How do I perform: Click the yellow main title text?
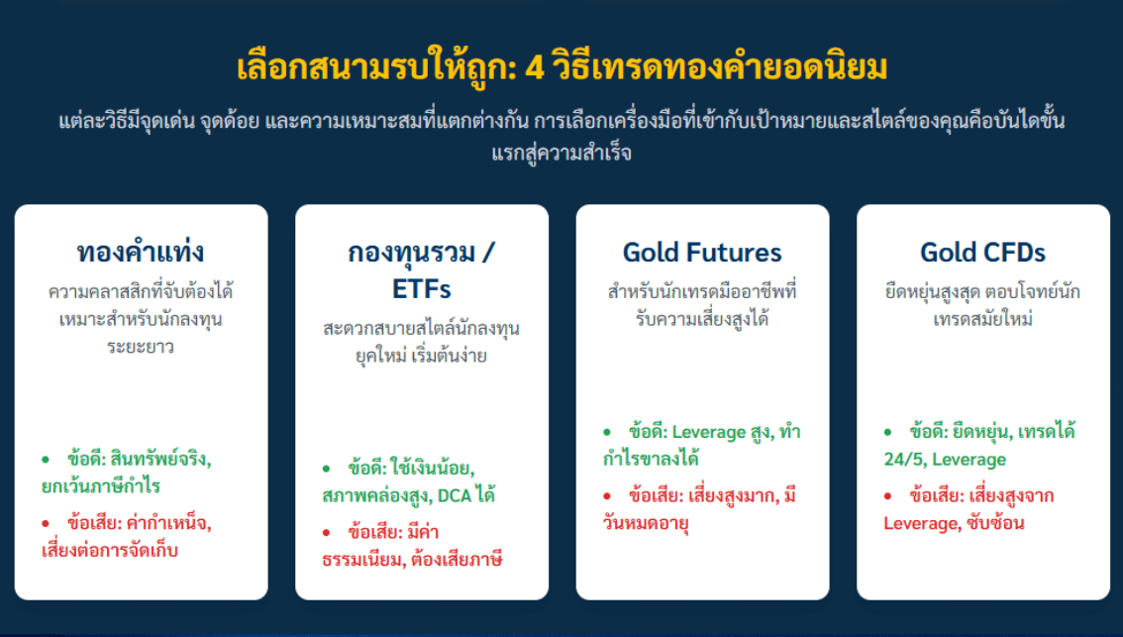click(561, 67)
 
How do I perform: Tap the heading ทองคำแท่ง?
click(141, 252)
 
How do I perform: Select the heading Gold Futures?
click(702, 253)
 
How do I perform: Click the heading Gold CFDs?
click(982, 253)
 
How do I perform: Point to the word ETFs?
click(421, 288)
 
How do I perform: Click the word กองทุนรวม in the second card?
click(412, 253)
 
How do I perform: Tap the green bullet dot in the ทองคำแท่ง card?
click(46, 460)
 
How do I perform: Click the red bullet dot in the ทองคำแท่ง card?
click(46, 523)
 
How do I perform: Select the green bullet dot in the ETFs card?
click(327, 469)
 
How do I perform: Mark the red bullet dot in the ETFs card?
click(327, 532)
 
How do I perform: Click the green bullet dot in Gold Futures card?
click(607, 432)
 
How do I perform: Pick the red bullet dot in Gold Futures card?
click(607, 496)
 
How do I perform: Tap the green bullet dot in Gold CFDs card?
click(888, 432)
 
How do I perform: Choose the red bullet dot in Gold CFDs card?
click(888, 496)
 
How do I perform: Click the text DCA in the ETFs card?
click(455, 495)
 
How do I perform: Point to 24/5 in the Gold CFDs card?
click(904, 460)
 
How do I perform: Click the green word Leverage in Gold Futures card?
click(709, 433)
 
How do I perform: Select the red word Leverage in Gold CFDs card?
click(921, 524)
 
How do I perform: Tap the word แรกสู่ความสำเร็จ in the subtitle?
click(561, 153)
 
